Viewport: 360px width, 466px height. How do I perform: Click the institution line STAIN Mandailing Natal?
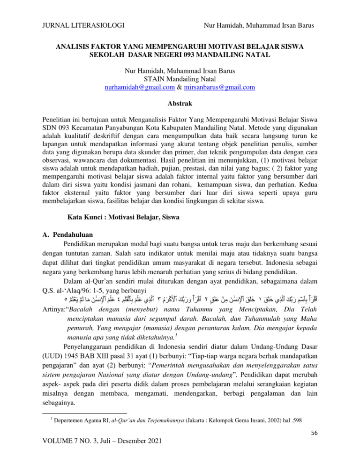[180, 78]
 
